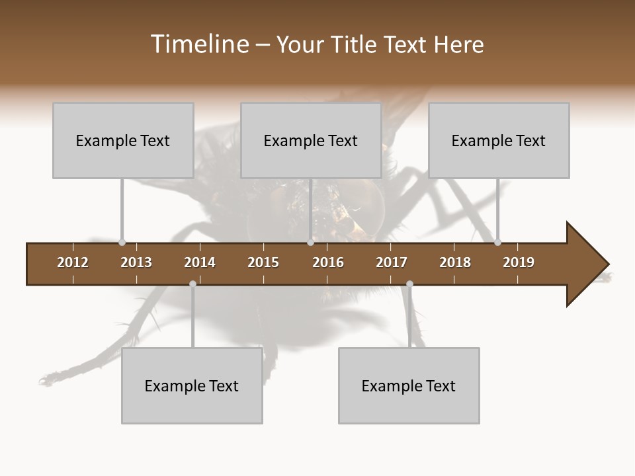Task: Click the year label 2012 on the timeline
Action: coord(73,262)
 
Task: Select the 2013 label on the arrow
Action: coord(136,262)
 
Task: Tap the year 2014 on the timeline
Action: coord(200,262)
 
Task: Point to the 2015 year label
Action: coord(263,262)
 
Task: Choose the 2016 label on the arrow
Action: coord(328,262)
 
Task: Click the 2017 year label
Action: coord(392,262)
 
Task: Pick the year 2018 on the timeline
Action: coord(455,262)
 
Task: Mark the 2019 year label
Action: coord(519,262)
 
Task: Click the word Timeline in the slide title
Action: coord(198,44)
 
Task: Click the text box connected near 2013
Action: coord(123,140)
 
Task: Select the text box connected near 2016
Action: coord(311,140)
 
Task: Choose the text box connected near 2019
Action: coord(499,140)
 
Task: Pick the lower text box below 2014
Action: coord(192,385)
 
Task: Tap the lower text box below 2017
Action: coord(409,385)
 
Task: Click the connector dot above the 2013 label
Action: coord(122,243)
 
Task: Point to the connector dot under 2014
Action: coord(192,284)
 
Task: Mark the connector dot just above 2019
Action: coord(497,243)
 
